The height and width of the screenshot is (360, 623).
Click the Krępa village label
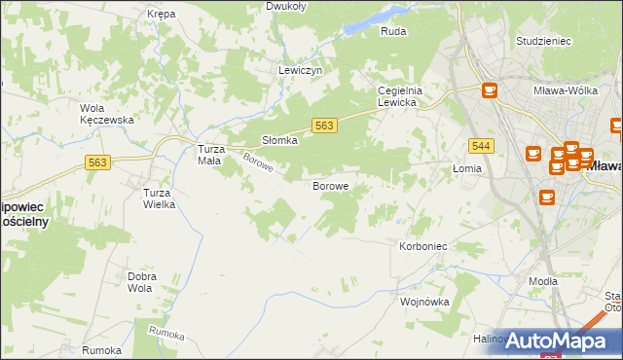161,14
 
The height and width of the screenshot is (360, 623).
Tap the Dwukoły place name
286,6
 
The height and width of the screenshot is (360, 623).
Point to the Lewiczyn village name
300,71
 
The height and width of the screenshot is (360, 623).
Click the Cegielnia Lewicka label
397,96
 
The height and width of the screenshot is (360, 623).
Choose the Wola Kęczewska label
105,114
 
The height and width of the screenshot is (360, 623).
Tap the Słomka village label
279,140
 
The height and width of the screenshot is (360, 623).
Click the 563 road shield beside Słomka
325,126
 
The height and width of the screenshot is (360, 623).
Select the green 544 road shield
479,145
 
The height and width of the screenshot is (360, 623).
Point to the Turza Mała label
212,156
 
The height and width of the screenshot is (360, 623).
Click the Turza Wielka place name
159,198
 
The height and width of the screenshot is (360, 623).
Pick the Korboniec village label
422,247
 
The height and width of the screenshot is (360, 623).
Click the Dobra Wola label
141,282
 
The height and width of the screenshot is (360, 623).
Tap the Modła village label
543,281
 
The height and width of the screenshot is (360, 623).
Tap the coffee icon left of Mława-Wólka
489,90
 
